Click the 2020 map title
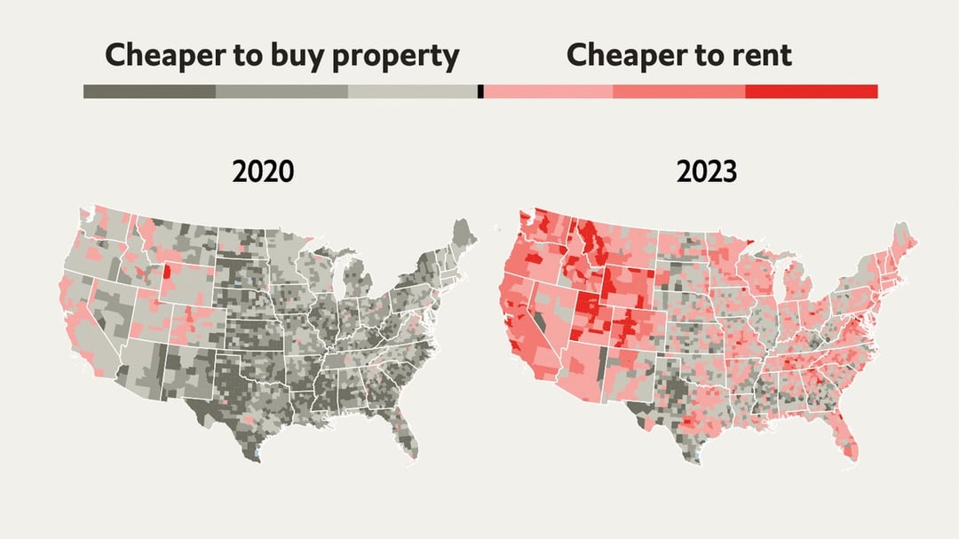pyautogui.click(x=263, y=170)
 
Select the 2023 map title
pyautogui.click(x=706, y=170)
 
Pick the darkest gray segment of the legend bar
pyautogui.click(x=149, y=91)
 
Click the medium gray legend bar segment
pyautogui.click(x=281, y=91)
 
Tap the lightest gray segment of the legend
pyautogui.click(x=413, y=91)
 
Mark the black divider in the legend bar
pyautogui.click(x=480, y=91)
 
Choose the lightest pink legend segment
pyautogui.click(x=548, y=91)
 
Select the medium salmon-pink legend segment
pyautogui.click(x=678, y=91)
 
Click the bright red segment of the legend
pyautogui.click(x=811, y=91)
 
